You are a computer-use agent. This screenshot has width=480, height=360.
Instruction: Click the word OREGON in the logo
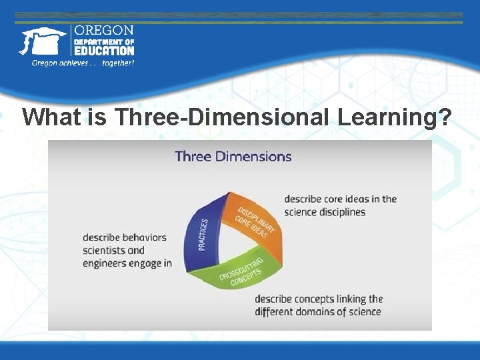pos(103,31)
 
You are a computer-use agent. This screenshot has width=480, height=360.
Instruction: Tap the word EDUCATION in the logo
pos(103,51)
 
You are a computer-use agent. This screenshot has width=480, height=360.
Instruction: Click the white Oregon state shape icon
pos(42,41)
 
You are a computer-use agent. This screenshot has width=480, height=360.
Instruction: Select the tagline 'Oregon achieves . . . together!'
pos(83,63)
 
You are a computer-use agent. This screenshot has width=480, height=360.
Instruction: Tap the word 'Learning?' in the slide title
pos(395,117)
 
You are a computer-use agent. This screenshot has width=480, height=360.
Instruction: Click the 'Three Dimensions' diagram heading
pos(233,157)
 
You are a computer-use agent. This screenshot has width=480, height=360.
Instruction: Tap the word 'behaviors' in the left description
pos(144,237)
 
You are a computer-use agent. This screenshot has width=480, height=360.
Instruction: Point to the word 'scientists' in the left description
pos(103,251)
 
